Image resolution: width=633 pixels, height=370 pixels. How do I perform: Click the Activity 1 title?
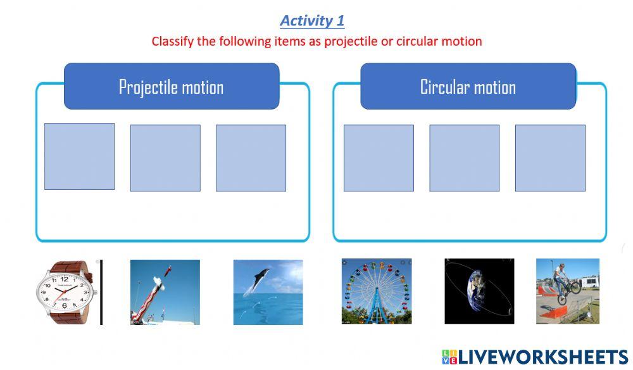[x=312, y=20]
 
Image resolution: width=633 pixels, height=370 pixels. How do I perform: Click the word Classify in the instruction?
[x=172, y=41]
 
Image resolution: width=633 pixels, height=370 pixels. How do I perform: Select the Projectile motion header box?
[x=172, y=86]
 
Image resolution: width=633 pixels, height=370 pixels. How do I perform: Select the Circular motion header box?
[x=468, y=86]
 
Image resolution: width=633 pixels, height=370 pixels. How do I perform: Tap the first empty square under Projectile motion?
[x=79, y=156]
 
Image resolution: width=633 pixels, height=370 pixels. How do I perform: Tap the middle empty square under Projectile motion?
[x=165, y=158]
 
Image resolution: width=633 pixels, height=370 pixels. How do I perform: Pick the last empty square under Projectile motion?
[x=251, y=158]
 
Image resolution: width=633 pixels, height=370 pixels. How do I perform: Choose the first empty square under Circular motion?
[x=379, y=158]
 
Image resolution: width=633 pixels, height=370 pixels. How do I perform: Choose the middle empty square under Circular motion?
[x=464, y=158]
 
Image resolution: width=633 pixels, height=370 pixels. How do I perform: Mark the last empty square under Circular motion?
[x=549, y=158]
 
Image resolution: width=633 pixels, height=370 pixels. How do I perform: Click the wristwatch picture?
[x=65, y=291]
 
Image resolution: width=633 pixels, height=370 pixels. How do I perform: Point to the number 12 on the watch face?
[x=64, y=279]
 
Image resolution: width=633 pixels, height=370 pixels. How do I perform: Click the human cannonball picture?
[x=165, y=292]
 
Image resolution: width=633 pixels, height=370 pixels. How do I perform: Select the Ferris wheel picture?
[x=376, y=291]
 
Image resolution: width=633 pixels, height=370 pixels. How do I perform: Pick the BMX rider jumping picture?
[x=567, y=291]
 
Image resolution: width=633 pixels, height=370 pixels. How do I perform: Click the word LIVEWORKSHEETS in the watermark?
[x=543, y=357]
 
